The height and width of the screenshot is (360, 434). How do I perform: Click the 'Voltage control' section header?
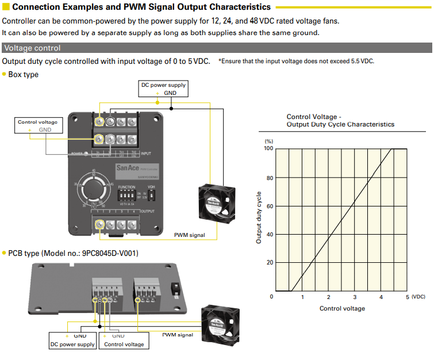click(32, 48)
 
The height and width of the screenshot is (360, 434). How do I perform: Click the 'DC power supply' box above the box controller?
click(164, 89)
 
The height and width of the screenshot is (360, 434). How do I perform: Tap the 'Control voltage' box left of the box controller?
click(38, 126)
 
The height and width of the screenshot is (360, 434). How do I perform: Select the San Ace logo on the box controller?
click(128, 168)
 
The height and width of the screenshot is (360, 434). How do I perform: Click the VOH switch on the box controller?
click(152, 196)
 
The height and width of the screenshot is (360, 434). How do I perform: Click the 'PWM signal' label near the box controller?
click(189, 235)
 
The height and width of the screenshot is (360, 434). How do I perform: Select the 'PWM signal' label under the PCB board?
click(177, 335)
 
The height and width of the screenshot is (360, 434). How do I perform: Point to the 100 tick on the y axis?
click(268, 148)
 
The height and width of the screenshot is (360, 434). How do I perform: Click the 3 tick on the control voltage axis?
click(355, 297)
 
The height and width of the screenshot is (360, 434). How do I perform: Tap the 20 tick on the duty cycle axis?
click(270, 263)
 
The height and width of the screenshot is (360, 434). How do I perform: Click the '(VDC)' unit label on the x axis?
click(418, 297)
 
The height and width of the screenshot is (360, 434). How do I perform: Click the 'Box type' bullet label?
click(24, 75)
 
